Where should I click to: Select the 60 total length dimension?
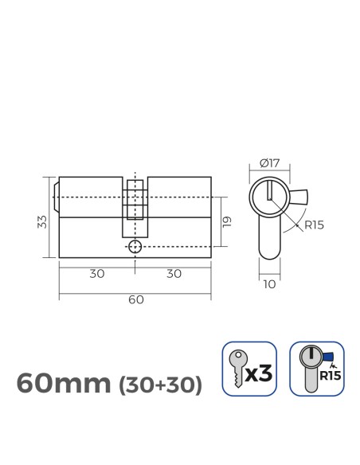(135, 300)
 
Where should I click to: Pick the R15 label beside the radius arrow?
(314, 225)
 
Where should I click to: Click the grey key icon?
(237, 369)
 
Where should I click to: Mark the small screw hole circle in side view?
(135, 247)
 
